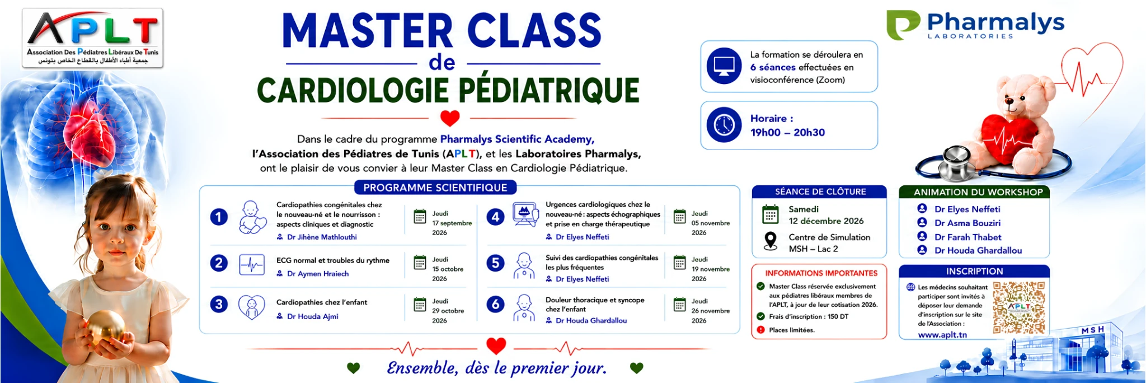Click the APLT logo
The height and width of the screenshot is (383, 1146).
(x=92, y=38)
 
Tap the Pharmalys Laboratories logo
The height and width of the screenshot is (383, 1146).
(x=975, y=25)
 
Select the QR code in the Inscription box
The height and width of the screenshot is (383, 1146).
(x=1019, y=307)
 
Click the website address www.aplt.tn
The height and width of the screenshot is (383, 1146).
(x=942, y=334)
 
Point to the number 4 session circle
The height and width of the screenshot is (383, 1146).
(x=495, y=217)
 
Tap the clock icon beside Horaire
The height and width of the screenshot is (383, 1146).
(x=724, y=125)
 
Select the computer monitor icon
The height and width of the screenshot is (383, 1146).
(x=724, y=66)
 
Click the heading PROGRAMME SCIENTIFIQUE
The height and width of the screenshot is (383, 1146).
(x=435, y=188)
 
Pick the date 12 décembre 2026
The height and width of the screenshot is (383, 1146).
(x=826, y=221)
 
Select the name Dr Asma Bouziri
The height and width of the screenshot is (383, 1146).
(x=967, y=223)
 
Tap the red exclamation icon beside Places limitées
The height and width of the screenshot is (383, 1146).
(x=760, y=330)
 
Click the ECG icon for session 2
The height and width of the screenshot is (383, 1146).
(x=252, y=265)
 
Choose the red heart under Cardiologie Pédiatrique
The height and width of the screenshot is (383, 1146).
(x=450, y=118)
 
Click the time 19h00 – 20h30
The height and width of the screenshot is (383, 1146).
(x=787, y=132)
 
